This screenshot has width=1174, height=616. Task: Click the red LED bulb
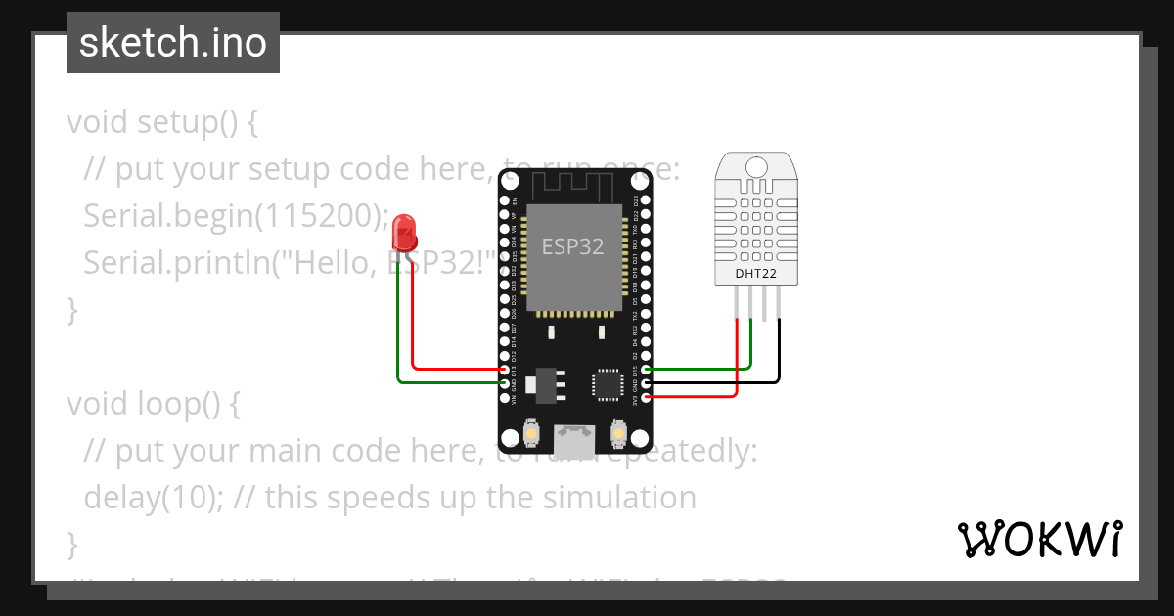click(403, 234)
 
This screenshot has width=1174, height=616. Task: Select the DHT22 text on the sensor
click(755, 274)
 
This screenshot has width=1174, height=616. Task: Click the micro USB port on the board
click(573, 440)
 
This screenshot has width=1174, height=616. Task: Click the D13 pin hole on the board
click(505, 370)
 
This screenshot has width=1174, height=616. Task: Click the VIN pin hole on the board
click(505, 398)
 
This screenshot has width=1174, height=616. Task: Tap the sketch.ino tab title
click(172, 43)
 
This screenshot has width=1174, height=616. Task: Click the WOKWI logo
click(1039, 539)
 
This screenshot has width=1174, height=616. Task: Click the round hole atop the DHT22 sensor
click(755, 167)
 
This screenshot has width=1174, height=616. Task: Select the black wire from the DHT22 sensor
click(780, 352)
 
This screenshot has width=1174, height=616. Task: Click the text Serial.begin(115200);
click(236, 216)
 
